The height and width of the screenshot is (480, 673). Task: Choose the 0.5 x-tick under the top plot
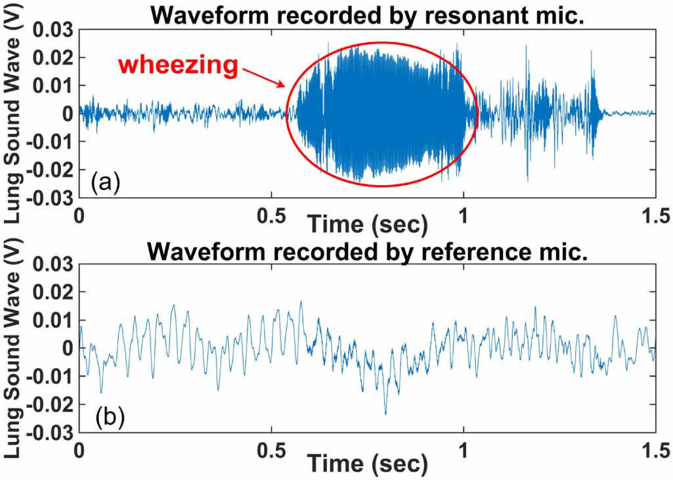271,214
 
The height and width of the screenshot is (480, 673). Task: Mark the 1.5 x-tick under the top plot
655,214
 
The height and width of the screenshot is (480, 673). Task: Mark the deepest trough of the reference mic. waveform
385,414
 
